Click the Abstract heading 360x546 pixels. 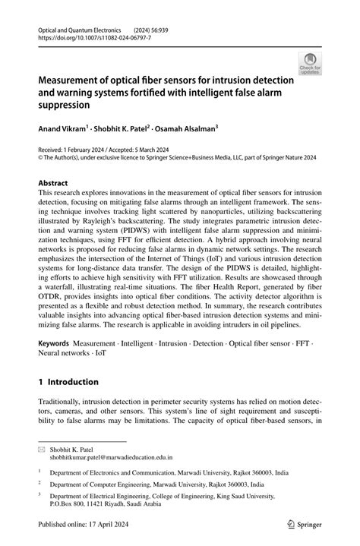[53, 183]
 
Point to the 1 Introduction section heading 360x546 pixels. [68, 382]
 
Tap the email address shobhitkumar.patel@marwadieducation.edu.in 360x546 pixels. [112, 458]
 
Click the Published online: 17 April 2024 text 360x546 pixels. [85, 525]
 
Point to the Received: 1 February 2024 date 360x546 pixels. [74, 152]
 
